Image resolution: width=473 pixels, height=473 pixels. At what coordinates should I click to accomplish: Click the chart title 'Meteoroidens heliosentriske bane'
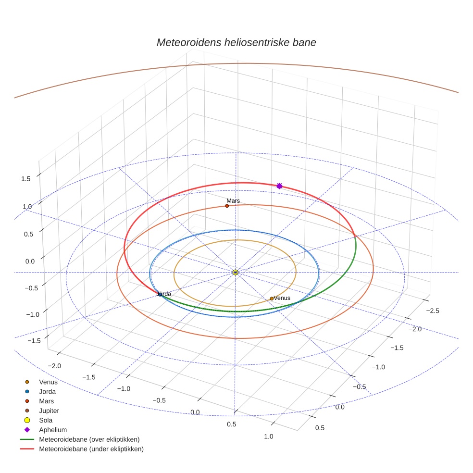click(236, 42)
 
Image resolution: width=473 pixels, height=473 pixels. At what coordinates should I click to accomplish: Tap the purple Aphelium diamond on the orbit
click(279, 186)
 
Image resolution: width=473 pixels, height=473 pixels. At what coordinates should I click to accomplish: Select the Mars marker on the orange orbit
click(227, 206)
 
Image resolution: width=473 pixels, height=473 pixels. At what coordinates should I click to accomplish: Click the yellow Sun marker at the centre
click(235, 273)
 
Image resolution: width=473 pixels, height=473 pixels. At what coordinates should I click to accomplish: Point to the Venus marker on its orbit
click(272, 299)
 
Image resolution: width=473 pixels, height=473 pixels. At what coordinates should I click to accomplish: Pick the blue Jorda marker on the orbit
click(160, 294)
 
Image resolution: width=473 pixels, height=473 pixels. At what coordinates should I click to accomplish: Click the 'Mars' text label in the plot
click(233, 200)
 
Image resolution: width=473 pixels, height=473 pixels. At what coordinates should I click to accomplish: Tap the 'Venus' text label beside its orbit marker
click(282, 298)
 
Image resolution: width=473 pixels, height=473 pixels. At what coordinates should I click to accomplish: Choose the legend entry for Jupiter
click(49, 411)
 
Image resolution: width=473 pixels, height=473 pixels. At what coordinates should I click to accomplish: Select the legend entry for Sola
click(46, 420)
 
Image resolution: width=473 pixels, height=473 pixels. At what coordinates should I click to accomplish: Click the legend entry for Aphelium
click(53, 430)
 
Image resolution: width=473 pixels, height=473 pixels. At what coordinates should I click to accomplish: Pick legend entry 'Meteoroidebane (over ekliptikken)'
click(89, 439)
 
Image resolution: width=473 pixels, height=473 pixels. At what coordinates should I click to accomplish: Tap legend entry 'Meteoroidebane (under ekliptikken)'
click(91, 449)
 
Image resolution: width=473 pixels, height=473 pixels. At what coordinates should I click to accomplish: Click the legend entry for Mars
click(46, 401)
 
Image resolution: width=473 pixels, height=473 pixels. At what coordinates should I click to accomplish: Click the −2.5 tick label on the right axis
click(433, 311)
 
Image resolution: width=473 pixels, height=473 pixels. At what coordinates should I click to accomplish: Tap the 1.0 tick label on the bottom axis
click(269, 436)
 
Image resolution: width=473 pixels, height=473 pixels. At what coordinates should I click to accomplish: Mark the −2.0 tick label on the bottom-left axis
click(55, 366)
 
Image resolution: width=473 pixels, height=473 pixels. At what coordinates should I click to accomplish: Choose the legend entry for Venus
click(48, 382)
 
